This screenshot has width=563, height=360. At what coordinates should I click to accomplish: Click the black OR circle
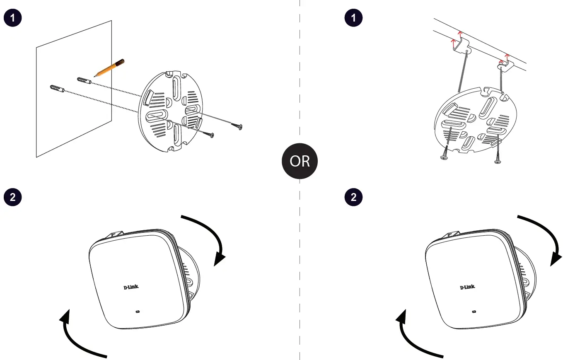pyautogui.click(x=300, y=161)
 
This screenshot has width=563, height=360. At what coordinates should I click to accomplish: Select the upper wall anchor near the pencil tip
pyautogui.click(x=84, y=80)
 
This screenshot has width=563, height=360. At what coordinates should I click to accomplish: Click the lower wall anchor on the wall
pyautogui.click(x=56, y=89)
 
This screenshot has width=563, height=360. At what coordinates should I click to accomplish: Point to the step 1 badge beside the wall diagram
pyautogui.click(x=12, y=18)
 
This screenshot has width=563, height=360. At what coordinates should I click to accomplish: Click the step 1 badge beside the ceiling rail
pyautogui.click(x=353, y=18)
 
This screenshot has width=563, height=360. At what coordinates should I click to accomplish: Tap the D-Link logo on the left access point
pyautogui.click(x=131, y=288)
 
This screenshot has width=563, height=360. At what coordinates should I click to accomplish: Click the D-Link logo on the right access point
pyautogui.click(x=467, y=287)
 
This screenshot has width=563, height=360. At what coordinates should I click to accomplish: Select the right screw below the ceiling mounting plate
pyautogui.click(x=497, y=159)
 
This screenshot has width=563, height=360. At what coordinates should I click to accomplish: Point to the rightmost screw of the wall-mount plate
pyautogui.click(x=238, y=126)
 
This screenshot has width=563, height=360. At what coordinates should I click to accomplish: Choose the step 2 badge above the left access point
pyautogui.click(x=12, y=197)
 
